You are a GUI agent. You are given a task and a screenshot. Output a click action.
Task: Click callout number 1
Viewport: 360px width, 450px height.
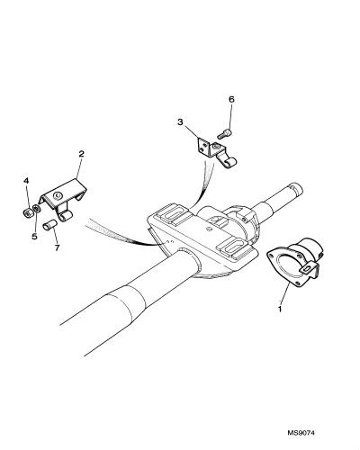click(280, 308)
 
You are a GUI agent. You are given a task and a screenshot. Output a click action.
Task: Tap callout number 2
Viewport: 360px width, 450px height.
click(81, 154)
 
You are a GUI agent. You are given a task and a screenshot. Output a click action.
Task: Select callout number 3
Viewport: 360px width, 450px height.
click(180, 122)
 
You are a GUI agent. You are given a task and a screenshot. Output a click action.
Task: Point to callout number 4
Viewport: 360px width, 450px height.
click(26, 181)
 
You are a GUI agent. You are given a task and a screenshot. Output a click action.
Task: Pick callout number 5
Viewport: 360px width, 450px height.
click(34, 237)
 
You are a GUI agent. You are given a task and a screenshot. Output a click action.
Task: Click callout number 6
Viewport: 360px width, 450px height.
click(231, 99)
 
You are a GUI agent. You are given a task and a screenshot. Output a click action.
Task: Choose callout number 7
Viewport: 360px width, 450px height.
click(57, 247)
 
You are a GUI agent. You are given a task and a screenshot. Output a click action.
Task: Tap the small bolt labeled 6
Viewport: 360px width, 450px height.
click(225, 133)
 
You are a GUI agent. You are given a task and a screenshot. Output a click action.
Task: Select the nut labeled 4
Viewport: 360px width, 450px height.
click(28, 212)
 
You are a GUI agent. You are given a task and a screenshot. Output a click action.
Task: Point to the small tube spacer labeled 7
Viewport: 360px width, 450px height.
click(49, 226)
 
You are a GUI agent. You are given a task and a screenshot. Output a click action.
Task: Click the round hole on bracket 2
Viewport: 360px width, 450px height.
click(58, 196)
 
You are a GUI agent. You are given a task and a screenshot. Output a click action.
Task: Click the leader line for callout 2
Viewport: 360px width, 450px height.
click(78, 169)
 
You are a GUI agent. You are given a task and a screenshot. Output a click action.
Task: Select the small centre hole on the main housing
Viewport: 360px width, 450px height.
click(209, 229)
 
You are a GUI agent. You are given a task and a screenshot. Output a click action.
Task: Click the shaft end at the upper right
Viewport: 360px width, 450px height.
click(295, 189)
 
